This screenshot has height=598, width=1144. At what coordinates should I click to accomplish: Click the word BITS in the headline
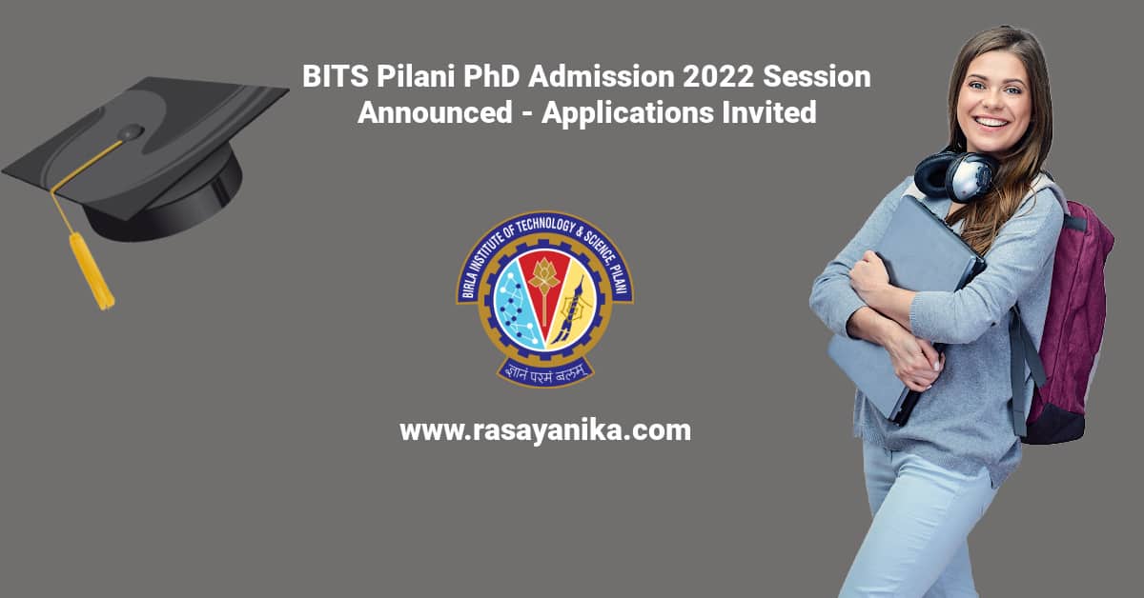click(x=335, y=76)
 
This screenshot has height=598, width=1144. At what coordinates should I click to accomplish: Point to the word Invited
click(x=769, y=112)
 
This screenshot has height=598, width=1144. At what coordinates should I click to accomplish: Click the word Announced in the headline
click(x=435, y=112)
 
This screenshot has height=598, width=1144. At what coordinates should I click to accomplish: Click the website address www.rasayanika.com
click(x=545, y=430)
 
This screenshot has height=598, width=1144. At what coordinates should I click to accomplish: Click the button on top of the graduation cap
click(x=131, y=132)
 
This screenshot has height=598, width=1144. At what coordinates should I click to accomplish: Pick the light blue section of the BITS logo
click(x=512, y=307)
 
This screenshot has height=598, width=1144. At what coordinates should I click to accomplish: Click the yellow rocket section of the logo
click(x=575, y=307)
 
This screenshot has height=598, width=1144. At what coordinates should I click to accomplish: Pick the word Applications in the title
click(x=627, y=113)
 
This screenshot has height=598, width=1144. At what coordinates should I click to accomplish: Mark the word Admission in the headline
click(x=602, y=76)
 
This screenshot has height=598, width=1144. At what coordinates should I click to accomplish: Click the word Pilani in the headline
click(x=416, y=76)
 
